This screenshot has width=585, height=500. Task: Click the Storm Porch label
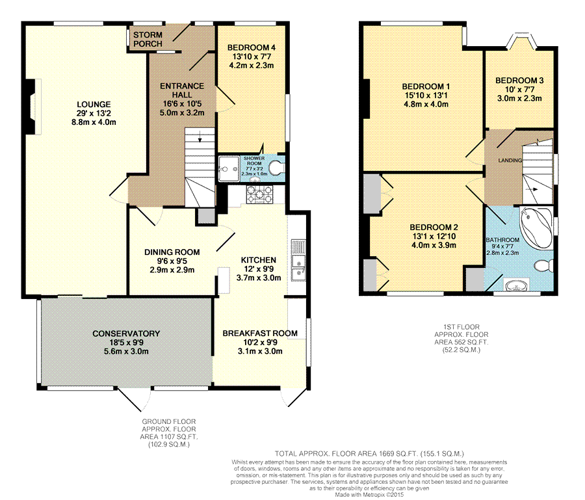pyautogui.click(x=148, y=39)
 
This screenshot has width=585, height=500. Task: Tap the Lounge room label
pyautogui.click(x=94, y=105)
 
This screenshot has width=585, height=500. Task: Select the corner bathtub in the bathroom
pyautogui.click(x=536, y=226)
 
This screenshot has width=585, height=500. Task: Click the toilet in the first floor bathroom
pyautogui.click(x=544, y=266)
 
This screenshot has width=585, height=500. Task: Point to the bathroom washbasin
pyautogui.click(x=517, y=285)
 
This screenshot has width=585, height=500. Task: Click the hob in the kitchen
pyautogui.click(x=259, y=194)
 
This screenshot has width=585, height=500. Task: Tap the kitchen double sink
pyautogui.click(x=298, y=261)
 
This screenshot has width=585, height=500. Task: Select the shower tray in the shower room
pyautogui.click(x=228, y=168)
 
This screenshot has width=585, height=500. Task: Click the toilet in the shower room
pyautogui.click(x=277, y=168)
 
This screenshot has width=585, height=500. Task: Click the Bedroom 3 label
pyautogui.click(x=519, y=81)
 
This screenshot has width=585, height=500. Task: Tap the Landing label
pyautogui.click(x=510, y=161)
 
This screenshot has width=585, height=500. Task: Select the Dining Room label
pyautogui.click(x=172, y=252)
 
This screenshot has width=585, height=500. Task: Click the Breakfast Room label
pyautogui.click(x=260, y=333)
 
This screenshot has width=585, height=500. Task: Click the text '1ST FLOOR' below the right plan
pyautogui.click(x=461, y=327)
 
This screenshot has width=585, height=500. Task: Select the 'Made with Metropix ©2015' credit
pyautogui.click(x=369, y=495)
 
